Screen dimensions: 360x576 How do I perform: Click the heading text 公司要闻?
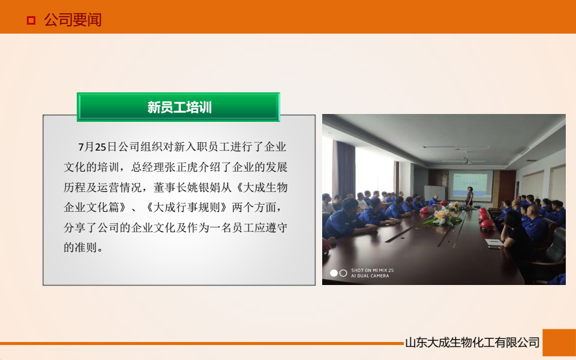(73, 20)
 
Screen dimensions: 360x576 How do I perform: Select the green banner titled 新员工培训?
(179, 107)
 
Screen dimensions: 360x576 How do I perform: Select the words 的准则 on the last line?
(83, 247)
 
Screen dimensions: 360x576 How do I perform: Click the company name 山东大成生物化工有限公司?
(472, 343)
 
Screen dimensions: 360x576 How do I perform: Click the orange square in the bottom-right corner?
(559, 343)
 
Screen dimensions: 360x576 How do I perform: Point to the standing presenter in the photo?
(470, 196)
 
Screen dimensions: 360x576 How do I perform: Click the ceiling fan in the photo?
(466, 160)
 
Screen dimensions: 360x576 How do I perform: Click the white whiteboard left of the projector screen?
(434, 193)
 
